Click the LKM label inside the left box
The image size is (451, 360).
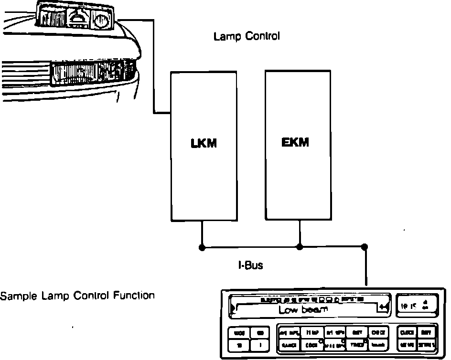(204, 143)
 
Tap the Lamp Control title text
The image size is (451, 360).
(247, 36)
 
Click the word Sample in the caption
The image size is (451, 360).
(15, 296)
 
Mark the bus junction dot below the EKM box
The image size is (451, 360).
(300, 247)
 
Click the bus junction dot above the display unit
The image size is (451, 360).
(365, 247)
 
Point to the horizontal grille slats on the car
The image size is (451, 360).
(24, 76)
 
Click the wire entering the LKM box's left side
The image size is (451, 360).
(162, 113)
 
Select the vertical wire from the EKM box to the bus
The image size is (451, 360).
(300, 234)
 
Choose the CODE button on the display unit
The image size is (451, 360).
(311, 344)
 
